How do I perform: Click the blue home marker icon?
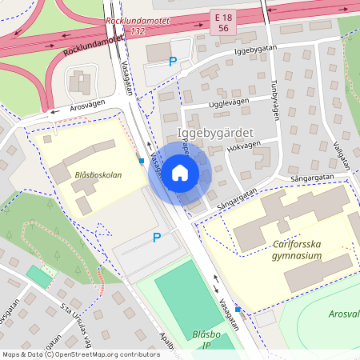[x=180, y=172]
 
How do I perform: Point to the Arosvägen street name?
[x=88, y=106]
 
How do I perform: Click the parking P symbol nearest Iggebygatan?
[x=172, y=62]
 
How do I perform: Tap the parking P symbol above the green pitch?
[x=157, y=238]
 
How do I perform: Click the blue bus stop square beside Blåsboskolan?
[x=142, y=161]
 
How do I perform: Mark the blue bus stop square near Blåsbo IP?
[x=238, y=308]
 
